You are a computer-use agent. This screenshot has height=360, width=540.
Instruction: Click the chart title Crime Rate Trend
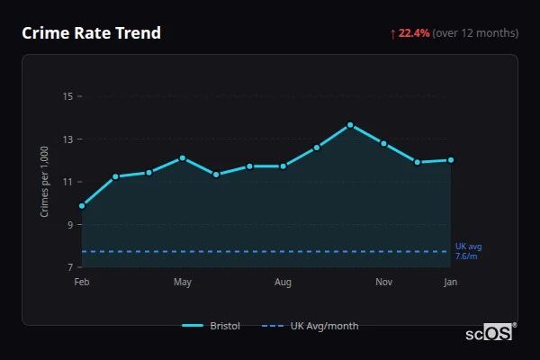[x=92, y=33]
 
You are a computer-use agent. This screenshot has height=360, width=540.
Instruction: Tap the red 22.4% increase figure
[x=415, y=33]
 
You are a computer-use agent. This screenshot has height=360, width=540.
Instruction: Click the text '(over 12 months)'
[x=475, y=33]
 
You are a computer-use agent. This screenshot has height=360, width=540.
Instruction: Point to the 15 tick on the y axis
[x=67, y=96]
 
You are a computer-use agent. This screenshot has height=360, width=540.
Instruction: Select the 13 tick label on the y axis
[x=67, y=139]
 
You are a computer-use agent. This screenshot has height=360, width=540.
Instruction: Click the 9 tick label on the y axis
[x=69, y=225]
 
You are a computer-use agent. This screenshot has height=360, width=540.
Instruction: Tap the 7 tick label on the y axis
[x=69, y=267]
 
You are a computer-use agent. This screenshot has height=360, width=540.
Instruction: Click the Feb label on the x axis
[x=82, y=283]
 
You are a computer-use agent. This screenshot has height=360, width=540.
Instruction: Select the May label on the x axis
[x=183, y=283]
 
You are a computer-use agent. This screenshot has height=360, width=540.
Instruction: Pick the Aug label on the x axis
[x=283, y=283]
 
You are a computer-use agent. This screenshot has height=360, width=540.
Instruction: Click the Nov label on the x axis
[x=384, y=283]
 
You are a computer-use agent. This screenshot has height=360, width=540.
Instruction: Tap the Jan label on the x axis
[x=451, y=283]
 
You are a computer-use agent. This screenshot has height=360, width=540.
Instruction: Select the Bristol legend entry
[x=211, y=326]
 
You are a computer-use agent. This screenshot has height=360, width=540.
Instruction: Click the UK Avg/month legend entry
[x=310, y=326]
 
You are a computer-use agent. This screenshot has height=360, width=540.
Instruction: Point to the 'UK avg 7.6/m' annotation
[x=468, y=251]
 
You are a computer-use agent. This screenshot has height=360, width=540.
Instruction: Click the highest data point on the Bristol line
[x=350, y=125]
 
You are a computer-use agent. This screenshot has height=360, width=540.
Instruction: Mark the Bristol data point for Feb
[x=82, y=206]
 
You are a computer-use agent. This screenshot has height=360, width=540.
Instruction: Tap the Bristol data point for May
[x=183, y=157]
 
